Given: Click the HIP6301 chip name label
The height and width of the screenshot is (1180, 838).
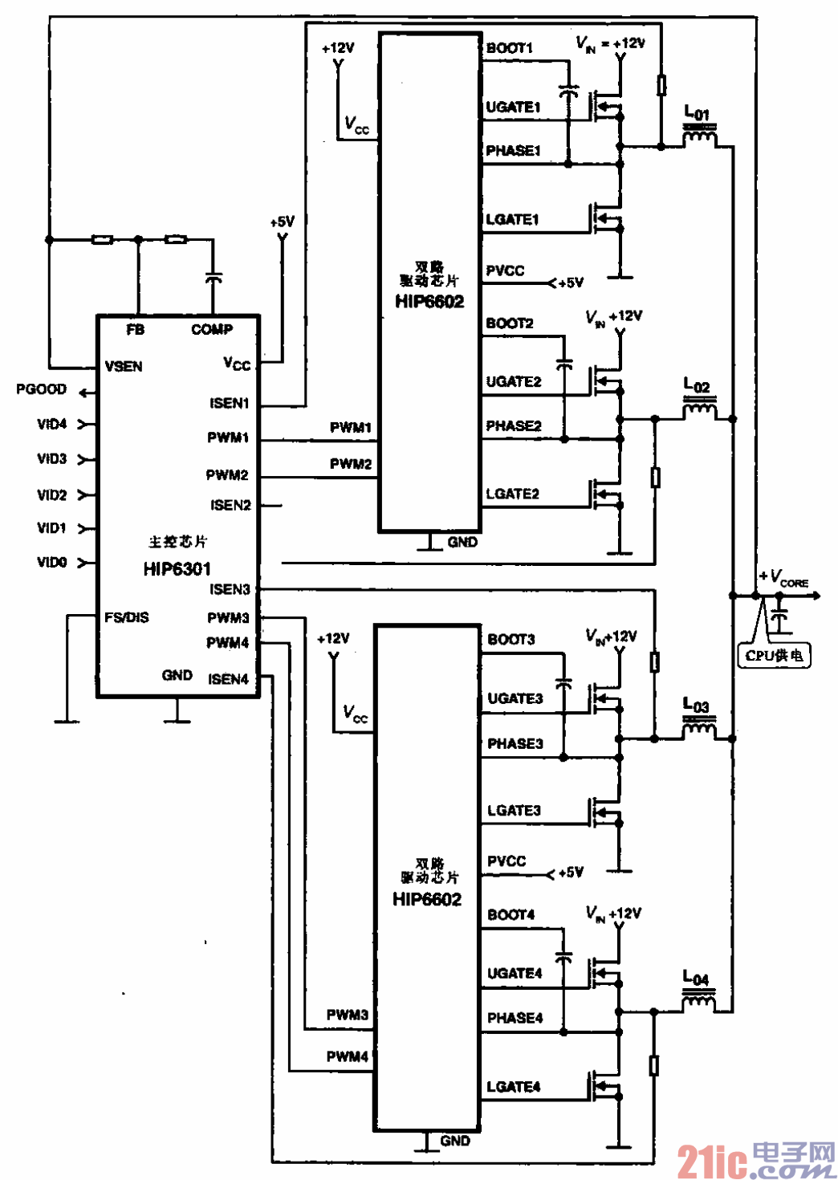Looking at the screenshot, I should [177, 569].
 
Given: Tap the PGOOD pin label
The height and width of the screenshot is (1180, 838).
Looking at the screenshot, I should [41, 389].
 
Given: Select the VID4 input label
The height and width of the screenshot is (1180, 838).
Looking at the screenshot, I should [52, 424].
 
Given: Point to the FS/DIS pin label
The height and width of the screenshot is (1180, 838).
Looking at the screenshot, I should [126, 617].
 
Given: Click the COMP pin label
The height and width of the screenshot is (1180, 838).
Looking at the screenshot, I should [212, 329].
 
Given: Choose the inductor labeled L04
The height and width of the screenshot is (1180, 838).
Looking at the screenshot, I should [698, 1001].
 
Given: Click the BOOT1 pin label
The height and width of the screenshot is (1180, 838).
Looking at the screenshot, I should [510, 48].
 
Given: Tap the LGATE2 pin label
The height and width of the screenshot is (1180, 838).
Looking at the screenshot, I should [512, 494].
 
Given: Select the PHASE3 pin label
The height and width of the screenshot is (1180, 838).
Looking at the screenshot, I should [515, 744].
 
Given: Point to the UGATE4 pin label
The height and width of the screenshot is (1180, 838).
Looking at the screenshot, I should [515, 974].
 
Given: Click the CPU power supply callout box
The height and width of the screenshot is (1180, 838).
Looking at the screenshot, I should [774, 656].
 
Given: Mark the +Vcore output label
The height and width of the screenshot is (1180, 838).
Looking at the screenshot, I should [784, 578].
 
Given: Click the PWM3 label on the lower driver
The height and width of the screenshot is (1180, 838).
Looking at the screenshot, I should [347, 1015].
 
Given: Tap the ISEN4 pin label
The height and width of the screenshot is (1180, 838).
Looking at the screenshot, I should [229, 679].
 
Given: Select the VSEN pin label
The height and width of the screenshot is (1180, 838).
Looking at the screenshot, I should [124, 367].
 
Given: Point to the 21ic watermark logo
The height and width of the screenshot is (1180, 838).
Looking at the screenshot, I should [755, 1159].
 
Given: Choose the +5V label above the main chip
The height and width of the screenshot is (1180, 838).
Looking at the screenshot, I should [282, 222].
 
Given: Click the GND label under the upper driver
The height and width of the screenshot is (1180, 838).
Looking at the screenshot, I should [462, 543].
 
